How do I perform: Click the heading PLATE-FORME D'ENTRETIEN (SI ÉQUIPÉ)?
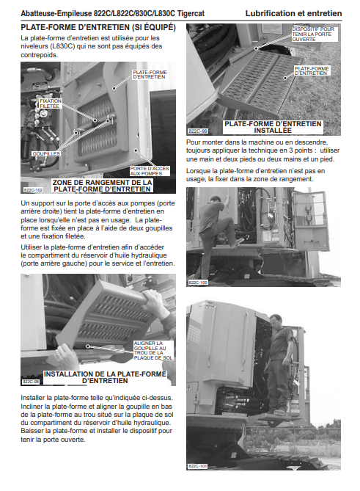(98, 28)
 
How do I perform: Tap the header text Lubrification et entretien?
(293, 13)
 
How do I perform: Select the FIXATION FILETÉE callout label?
(51, 103)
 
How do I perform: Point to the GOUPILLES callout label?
(46, 153)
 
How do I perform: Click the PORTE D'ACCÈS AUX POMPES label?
(150, 171)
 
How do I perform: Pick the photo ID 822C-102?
(33, 190)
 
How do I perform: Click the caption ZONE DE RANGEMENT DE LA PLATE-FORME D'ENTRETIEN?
(102, 186)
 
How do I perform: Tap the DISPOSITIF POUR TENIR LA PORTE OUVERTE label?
(313, 34)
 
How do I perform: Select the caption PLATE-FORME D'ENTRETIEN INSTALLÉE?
(273, 127)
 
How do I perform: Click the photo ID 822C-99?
(198, 131)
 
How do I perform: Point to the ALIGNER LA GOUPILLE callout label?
(153, 350)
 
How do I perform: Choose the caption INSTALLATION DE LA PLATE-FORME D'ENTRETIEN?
(105, 377)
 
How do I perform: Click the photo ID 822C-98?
(31, 382)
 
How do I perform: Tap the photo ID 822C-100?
(198, 283)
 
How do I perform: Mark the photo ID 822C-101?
(197, 466)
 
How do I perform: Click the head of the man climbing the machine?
(215, 200)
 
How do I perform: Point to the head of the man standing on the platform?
(276, 321)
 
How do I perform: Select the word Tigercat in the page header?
(191, 13)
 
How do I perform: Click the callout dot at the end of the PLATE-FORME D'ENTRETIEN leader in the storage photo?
(114, 88)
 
